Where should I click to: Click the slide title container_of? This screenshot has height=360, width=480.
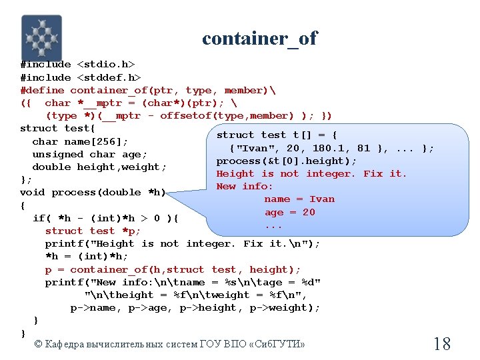[x=260, y=39]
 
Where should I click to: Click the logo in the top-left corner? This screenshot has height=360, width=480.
[x=41, y=38]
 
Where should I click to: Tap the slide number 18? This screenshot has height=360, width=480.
[x=442, y=344]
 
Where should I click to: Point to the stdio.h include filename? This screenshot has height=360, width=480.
[x=107, y=65]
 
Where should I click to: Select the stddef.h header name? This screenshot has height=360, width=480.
[x=109, y=77]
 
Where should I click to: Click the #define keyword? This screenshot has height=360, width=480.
[x=43, y=90]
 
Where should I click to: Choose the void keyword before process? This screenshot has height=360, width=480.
[x=33, y=193]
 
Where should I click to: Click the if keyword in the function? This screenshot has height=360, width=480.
[x=39, y=218]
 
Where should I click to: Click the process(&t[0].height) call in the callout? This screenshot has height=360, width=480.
[x=287, y=161]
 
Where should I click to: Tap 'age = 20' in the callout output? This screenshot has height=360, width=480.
[x=290, y=212]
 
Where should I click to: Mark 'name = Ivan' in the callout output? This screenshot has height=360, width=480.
[x=299, y=199]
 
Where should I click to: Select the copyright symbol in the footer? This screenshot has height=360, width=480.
[x=38, y=344]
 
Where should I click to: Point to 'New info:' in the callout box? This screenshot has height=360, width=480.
[x=245, y=186]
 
